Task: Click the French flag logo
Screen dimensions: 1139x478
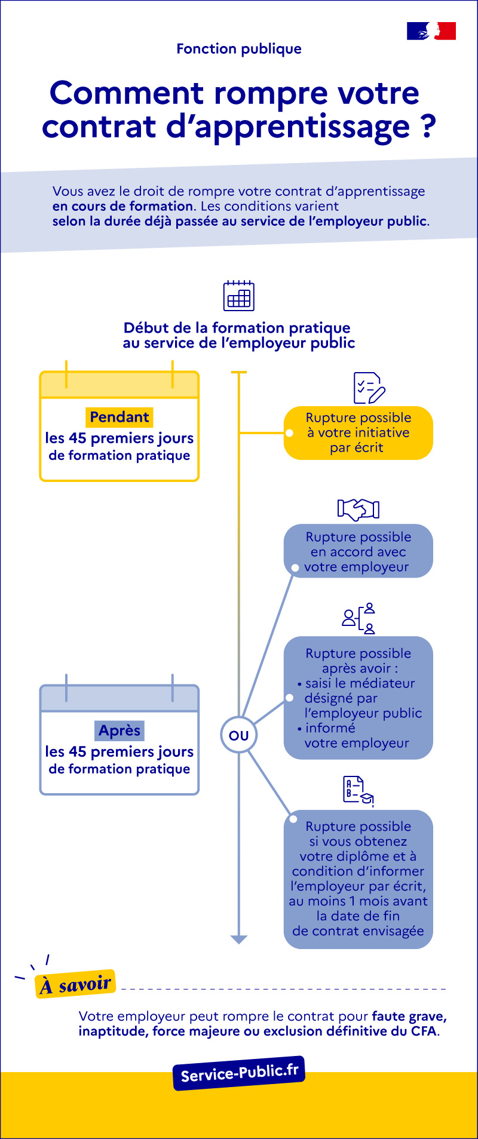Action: [x=431, y=31]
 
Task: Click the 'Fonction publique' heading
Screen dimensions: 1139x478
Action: [x=239, y=49]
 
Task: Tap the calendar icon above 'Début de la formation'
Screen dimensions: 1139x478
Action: [x=238, y=296]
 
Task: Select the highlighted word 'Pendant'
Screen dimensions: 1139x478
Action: [x=119, y=417]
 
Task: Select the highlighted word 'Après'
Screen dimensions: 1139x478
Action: [x=119, y=730]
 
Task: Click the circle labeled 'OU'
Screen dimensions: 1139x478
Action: [x=238, y=735]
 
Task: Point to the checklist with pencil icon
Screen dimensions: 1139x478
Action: [x=369, y=388]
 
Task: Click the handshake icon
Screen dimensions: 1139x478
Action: [x=358, y=509]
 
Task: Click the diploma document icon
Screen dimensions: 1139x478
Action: [x=358, y=791]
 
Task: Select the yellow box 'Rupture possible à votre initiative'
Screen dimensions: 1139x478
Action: [x=358, y=433]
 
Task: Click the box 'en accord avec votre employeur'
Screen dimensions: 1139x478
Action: [x=358, y=551]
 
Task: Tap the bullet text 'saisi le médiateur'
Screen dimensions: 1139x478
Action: [x=359, y=683]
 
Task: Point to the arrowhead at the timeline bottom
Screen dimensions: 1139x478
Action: [x=238, y=940]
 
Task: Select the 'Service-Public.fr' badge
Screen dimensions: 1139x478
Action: [x=239, y=1073]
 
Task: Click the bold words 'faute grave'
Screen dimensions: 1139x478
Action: [x=408, y=1016]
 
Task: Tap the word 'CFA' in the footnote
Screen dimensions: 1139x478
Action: [x=424, y=1031]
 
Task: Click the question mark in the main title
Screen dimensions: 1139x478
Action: [x=427, y=127]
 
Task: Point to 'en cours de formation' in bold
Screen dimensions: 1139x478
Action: [x=122, y=206]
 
